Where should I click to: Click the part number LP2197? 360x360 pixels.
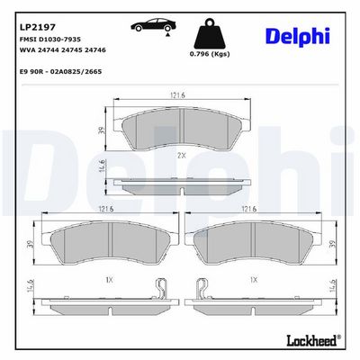coord(38,27)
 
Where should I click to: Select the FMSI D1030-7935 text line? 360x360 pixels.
coord(50,40)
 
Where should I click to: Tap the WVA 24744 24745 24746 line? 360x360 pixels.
coord(63,50)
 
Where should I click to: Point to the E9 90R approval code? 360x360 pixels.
coord(60,72)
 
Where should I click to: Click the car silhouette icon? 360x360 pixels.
coord(153,25)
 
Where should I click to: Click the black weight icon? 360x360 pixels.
coord(210,34)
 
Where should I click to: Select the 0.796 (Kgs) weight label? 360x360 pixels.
coord(210,54)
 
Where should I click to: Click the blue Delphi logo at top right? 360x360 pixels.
coord(298,37)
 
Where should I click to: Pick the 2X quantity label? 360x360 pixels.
coord(182,156)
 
